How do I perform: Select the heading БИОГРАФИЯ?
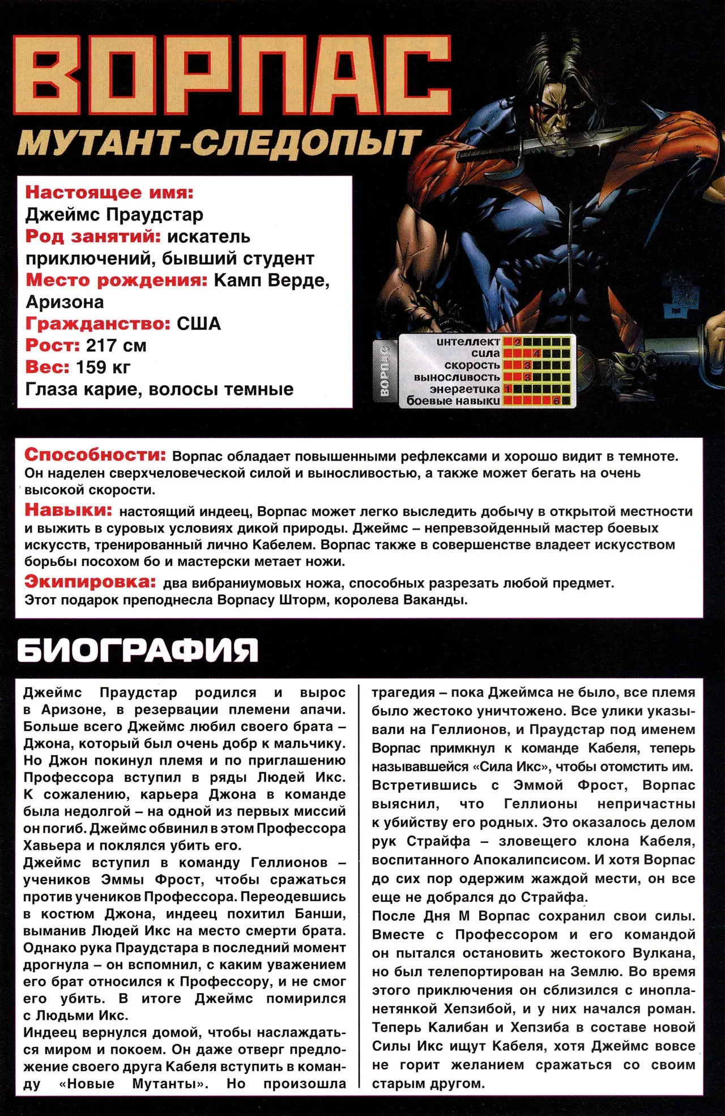coord(138,650)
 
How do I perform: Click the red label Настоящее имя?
coord(109,193)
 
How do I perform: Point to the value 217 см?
coord(116,346)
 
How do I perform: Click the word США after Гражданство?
coord(199,323)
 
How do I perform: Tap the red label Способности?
coord(95,455)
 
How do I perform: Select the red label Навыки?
coord(69,510)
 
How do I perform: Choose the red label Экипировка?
coord(90,582)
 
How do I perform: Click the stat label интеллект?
coord(468,342)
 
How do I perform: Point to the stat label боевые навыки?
coord(453,401)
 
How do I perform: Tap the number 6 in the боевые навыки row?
coord(556,401)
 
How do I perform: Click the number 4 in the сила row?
coord(536,353)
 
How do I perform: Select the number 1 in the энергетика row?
coord(507,389)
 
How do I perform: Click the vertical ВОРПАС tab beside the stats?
coord(385,370)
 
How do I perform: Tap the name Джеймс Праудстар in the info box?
coord(114,215)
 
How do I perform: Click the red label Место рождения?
coord(117,280)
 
